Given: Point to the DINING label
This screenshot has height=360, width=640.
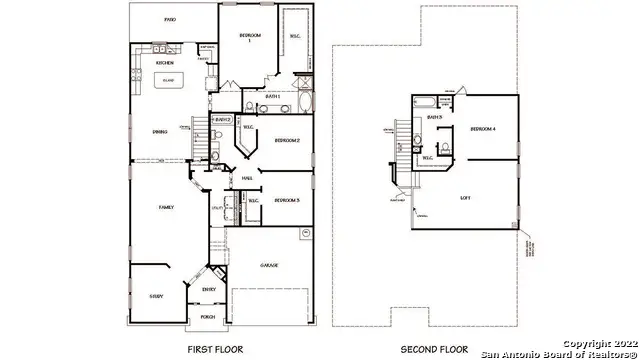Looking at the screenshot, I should pyautogui.click(x=160, y=131).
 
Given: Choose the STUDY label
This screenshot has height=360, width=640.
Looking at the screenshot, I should pyautogui.click(x=157, y=296).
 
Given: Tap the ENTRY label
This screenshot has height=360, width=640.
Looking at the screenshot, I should pyautogui.click(x=209, y=290).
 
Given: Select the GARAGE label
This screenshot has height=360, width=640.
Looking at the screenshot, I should pyautogui.click(x=268, y=265).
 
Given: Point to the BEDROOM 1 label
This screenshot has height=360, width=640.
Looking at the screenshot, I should pyautogui.click(x=250, y=38).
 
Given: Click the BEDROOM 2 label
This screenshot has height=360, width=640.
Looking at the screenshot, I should pyautogui.click(x=288, y=140).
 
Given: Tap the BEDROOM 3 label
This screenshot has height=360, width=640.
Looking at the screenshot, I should pyautogui.click(x=288, y=200).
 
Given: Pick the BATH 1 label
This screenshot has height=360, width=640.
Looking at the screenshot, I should pyautogui.click(x=272, y=96).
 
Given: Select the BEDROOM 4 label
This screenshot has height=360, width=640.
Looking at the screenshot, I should pyautogui.click(x=483, y=128).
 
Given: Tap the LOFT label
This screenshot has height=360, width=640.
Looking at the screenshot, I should pyautogui.click(x=466, y=198).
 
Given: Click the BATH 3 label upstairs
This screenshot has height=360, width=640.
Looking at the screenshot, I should pyautogui.click(x=435, y=118).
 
